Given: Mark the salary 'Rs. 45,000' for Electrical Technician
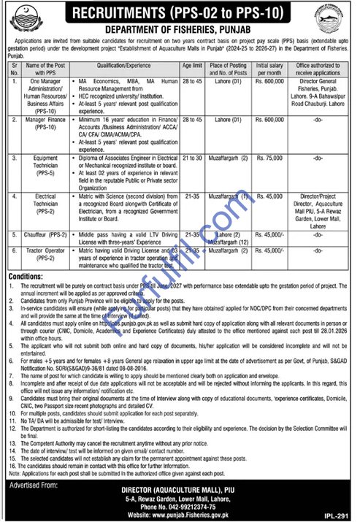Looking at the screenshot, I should coord(272,196).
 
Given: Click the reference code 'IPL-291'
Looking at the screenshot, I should coord(340,515).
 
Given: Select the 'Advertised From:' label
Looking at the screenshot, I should coord(34,485).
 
